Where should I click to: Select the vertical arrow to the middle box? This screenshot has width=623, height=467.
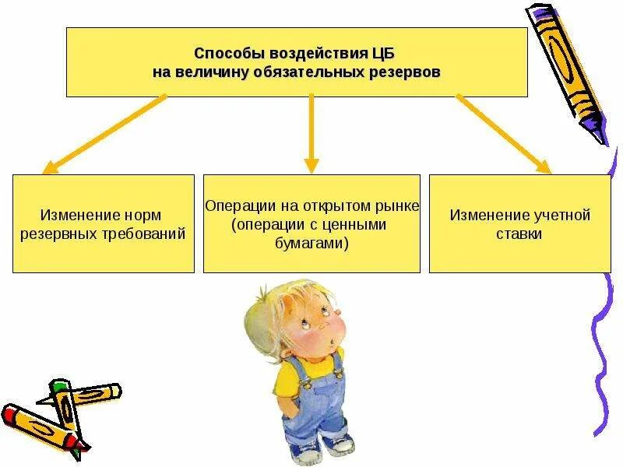(311, 132)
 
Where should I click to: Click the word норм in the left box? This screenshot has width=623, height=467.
(147, 215)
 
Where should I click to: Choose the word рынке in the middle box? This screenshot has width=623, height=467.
(399, 206)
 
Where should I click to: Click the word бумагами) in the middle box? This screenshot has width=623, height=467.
(311, 243)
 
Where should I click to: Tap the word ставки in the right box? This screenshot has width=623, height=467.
(519, 232)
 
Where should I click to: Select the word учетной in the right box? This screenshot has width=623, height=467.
(557, 215)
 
